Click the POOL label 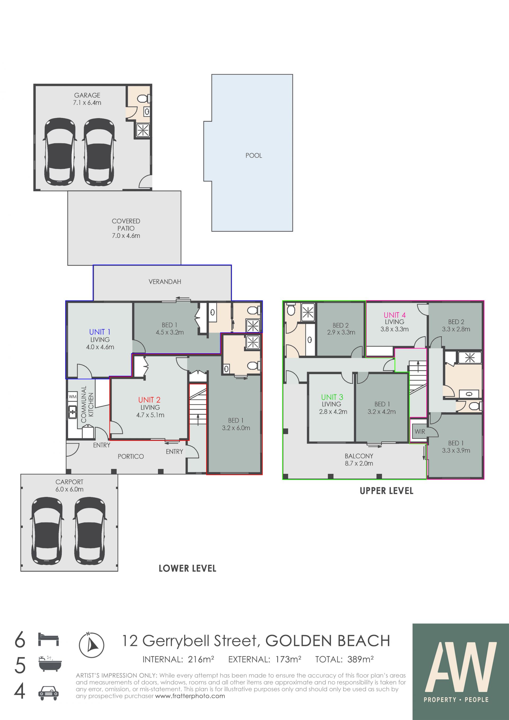pos(253,156)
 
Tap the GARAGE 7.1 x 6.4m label pos(87,99)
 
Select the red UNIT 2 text pos(149,400)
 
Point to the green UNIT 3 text pos(332,397)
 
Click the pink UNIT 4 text pos(394,315)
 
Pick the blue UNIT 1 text pos(100,332)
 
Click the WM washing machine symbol pos(73,396)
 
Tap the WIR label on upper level pos(420,431)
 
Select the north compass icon pos(91,645)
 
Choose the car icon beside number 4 pos(48,693)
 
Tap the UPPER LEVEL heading pos(387,491)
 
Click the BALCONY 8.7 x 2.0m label pos(359,460)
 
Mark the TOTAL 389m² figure pos(344,659)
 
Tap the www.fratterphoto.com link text pos(190,696)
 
